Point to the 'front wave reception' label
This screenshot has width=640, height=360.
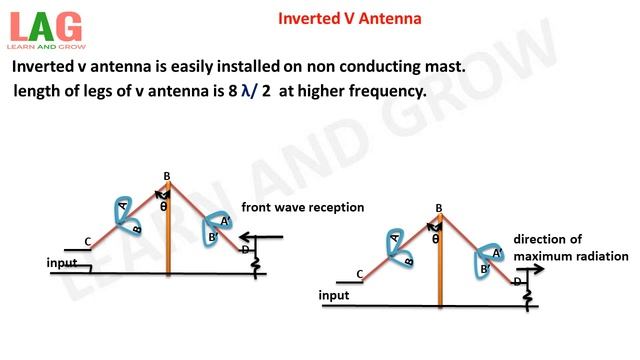(302, 207)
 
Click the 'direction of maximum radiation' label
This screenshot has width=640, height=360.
(553, 248)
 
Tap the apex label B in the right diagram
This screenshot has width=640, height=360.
(439, 208)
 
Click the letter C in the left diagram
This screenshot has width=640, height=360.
(89, 241)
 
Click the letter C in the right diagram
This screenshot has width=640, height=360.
(360, 274)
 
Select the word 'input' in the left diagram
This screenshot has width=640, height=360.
(62, 263)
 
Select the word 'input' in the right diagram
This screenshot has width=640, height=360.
(334, 296)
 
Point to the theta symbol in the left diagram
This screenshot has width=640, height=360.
(164, 207)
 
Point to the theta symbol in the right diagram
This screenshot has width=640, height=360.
(436, 239)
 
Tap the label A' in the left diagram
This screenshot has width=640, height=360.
(225, 221)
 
